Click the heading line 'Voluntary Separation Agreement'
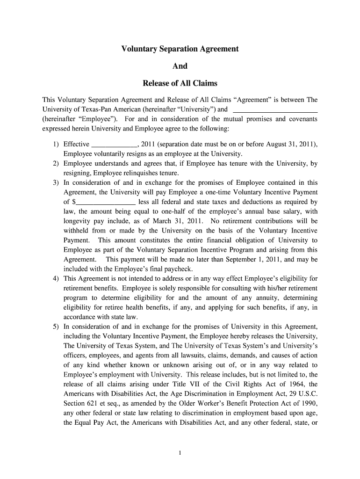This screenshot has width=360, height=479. (180, 49)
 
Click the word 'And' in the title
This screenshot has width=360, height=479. (180, 66)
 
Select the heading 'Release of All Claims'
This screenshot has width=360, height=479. (180, 84)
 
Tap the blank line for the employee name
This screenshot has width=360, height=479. (275, 111)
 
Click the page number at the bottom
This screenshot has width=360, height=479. (180, 452)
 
